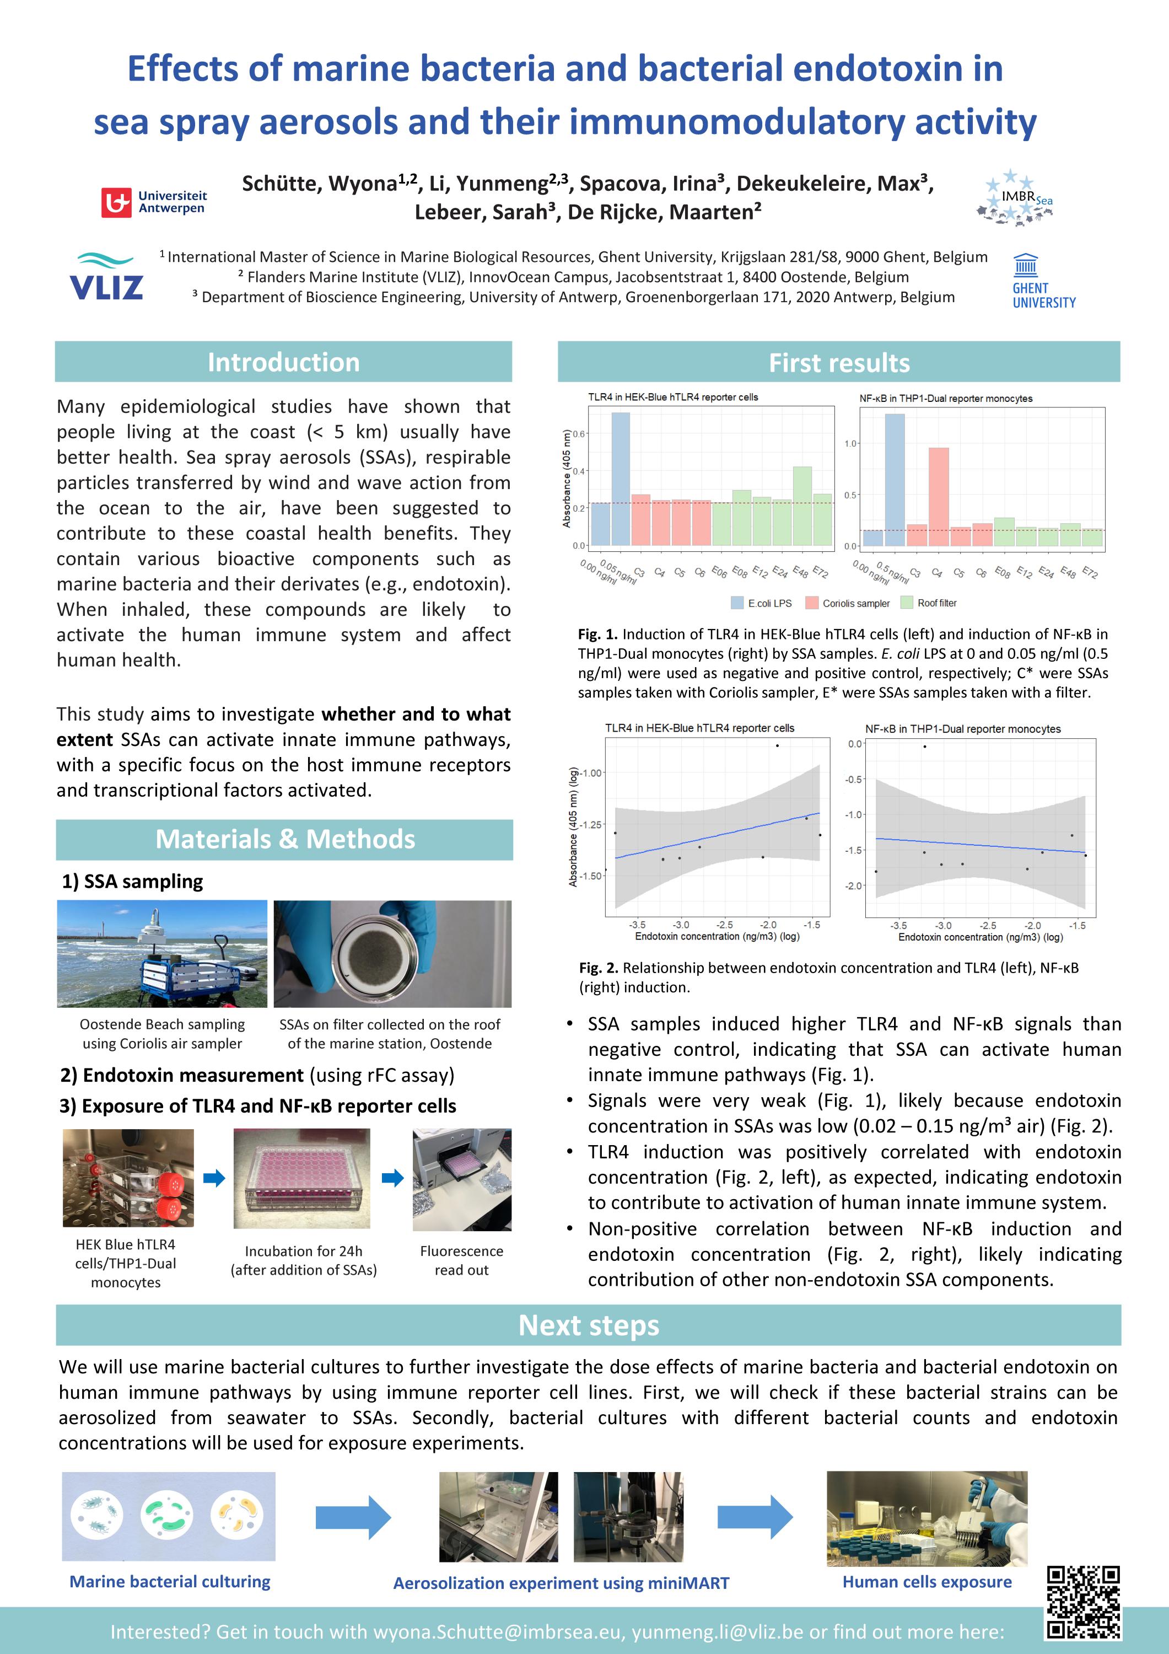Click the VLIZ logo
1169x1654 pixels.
click(106, 277)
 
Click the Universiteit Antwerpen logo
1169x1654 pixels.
click(153, 202)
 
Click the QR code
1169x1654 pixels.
click(1082, 1602)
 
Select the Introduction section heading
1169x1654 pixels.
click(283, 362)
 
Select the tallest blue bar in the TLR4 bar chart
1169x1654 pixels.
click(621, 479)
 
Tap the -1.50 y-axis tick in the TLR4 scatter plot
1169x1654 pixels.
click(591, 876)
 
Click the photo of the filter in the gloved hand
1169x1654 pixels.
click(392, 953)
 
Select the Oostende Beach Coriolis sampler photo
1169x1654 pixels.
click(162, 953)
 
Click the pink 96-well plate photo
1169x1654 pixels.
click(302, 1179)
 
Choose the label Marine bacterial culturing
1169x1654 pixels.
click(169, 1582)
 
